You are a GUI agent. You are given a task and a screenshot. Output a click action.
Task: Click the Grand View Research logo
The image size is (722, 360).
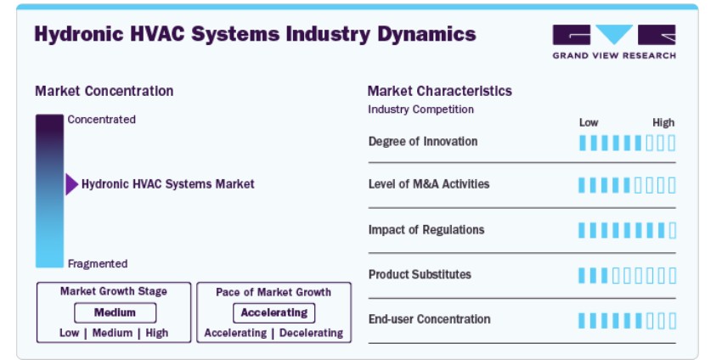(614, 42)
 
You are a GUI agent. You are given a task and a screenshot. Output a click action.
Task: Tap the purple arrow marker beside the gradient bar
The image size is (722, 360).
(71, 184)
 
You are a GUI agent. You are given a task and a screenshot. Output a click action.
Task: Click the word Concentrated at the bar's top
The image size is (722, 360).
(101, 120)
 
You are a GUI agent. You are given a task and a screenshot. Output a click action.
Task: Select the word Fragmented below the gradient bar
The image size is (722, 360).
(98, 264)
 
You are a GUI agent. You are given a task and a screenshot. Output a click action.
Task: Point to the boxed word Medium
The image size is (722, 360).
(115, 313)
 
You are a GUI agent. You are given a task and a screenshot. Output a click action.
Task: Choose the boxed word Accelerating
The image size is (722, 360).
(274, 313)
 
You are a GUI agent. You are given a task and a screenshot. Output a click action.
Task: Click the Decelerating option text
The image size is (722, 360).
(311, 333)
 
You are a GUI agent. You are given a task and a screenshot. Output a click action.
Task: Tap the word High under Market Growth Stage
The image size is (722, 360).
(156, 333)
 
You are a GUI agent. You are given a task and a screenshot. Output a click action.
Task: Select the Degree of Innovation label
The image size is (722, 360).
(423, 141)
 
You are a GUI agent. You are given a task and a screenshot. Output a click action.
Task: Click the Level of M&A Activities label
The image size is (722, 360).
(429, 184)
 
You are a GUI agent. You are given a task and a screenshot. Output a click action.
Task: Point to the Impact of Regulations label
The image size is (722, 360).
(426, 230)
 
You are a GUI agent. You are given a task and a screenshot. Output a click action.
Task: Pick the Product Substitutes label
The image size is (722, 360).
(420, 274)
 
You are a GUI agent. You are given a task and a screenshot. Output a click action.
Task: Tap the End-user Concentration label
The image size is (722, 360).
(429, 319)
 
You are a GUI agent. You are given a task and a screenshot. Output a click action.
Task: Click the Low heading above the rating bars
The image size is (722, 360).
(589, 122)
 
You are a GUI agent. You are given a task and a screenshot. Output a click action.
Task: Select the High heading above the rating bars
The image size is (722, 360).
(663, 122)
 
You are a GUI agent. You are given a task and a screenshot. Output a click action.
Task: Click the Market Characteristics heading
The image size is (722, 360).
(439, 91)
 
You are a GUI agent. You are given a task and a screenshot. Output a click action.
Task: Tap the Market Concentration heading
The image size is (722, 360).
(104, 91)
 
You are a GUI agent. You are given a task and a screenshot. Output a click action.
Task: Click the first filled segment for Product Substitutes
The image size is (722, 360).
(582, 276)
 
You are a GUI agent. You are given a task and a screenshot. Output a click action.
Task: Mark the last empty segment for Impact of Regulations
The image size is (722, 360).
(672, 230)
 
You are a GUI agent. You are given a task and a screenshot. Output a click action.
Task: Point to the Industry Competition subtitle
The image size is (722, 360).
(420, 110)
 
